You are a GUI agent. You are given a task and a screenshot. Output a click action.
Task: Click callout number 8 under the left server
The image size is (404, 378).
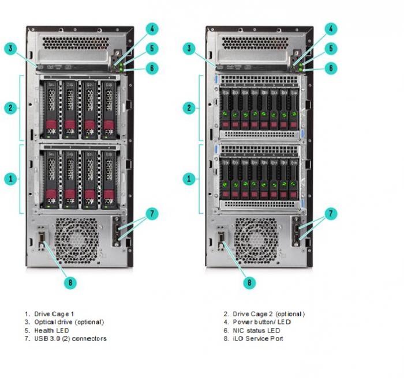tap(70, 282)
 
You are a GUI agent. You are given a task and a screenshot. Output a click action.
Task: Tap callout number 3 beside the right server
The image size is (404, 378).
tap(189, 48)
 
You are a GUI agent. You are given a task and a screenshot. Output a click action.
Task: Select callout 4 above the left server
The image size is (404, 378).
tap(152, 29)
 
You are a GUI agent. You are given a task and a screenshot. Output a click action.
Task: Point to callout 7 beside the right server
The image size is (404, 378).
tap(331, 213)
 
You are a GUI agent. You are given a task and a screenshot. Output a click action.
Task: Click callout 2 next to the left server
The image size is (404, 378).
tap(10, 108)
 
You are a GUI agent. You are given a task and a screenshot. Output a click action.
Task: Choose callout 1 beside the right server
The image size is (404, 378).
tap(189, 179)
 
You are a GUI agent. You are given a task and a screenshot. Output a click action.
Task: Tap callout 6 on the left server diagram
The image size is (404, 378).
tap(152, 68)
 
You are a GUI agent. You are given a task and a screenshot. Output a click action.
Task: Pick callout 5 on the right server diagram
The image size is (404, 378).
tap(331, 48)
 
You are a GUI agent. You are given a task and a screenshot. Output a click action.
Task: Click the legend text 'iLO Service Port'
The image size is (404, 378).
tap(257, 338)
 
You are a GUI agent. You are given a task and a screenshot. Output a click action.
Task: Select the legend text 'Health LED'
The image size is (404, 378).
tap(51, 330)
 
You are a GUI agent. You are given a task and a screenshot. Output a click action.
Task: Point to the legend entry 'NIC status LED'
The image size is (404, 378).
tap(256, 330)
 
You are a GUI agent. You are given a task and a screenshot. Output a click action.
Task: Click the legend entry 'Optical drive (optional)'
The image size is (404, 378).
tap(69, 322)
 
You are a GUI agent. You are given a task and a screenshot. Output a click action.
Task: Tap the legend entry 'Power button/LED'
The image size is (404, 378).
tap(262, 322)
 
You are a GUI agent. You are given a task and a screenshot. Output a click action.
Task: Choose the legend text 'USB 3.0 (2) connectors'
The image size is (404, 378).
tap(70, 338)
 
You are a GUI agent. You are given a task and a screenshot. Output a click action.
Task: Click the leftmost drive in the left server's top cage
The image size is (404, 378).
tap(51, 110)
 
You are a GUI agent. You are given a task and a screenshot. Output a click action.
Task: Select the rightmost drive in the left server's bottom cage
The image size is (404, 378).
tap(109, 179)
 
